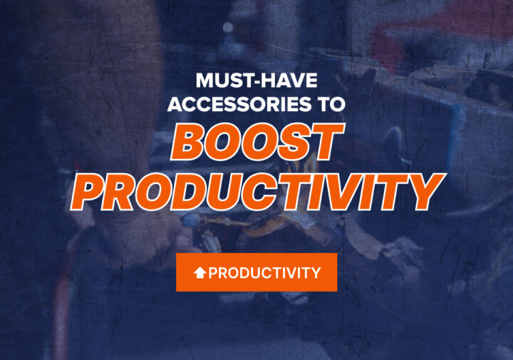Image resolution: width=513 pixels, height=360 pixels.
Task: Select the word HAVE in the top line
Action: point(288,81)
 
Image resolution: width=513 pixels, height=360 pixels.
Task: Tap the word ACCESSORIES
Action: point(239,104)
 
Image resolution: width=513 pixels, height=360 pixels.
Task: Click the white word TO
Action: point(333,104)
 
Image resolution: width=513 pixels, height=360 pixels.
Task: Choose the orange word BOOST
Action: point(257,142)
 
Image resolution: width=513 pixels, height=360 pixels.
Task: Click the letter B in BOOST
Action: point(187,143)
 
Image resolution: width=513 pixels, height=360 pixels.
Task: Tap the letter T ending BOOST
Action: point(327,142)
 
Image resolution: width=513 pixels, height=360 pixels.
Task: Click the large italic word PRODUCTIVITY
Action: point(257,192)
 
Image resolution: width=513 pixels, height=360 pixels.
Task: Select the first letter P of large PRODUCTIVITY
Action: point(88,192)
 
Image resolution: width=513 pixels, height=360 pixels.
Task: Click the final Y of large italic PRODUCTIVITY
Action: point(425,192)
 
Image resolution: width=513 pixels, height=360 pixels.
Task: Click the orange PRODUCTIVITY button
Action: point(256,272)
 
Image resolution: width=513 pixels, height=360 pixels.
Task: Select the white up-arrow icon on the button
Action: point(199,272)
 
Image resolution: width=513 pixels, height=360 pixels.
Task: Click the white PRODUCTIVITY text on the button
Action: point(264,272)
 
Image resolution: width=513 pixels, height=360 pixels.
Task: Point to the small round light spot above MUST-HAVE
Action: point(228,28)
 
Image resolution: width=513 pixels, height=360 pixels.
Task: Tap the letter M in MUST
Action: point(204,81)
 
